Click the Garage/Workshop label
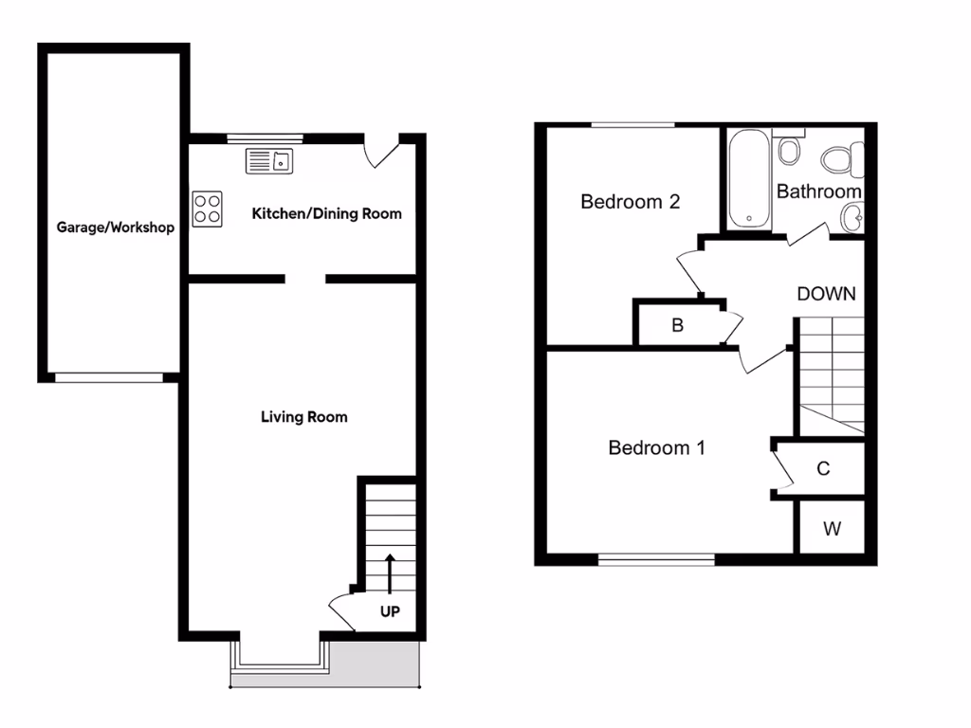coord(115,227)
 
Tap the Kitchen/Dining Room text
coord(326,213)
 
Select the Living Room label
coord(303,416)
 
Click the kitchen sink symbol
coord(271,161)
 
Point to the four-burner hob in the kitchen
coord(208,209)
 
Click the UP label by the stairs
coord(390,611)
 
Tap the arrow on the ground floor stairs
coord(390,572)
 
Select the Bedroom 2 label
coord(631,201)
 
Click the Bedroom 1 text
coord(656,447)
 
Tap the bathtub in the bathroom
coord(749,178)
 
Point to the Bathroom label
coord(818,191)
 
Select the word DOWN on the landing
coord(826,294)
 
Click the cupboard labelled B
coord(677,326)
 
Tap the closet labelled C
coord(823,468)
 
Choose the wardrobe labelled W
coord(832,529)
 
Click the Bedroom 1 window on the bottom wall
coord(656,559)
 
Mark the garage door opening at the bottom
coord(108,377)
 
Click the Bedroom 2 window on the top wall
coord(632,125)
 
